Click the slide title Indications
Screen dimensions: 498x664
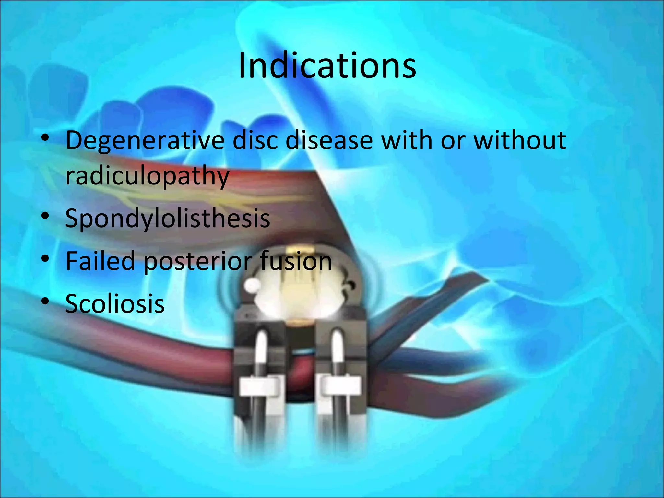327,66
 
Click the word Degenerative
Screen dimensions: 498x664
145,141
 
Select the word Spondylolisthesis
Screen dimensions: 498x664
167,218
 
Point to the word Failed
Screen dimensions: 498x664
100,261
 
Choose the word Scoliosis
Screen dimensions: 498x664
115,303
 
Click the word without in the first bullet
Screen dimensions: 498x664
520,140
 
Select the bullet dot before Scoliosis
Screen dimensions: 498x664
45,301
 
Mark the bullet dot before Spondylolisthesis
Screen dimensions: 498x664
45,216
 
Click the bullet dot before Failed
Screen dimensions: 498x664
45,258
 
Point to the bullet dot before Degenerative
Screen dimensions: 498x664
45,138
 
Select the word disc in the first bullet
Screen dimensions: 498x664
255,140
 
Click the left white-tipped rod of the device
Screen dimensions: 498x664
261,347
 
